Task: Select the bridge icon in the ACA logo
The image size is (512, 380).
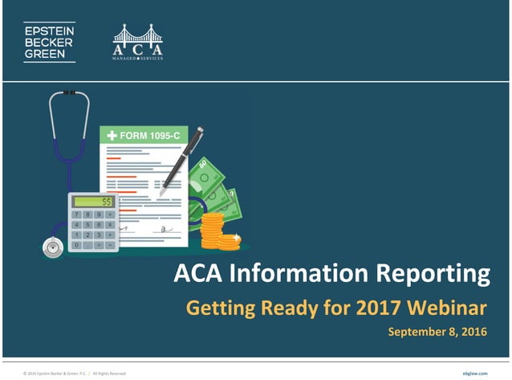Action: (x=137, y=35)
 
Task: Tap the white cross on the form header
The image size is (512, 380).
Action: (x=112, y=135)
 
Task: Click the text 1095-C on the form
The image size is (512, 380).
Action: (x=158, y=135)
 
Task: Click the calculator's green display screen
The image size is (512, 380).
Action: (x=92, y=202)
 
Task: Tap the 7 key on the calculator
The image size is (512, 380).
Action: (x=76, y=215)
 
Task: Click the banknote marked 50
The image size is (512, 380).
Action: (x=207, y=174)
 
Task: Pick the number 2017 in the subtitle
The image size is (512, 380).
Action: (x=375, y=307)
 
